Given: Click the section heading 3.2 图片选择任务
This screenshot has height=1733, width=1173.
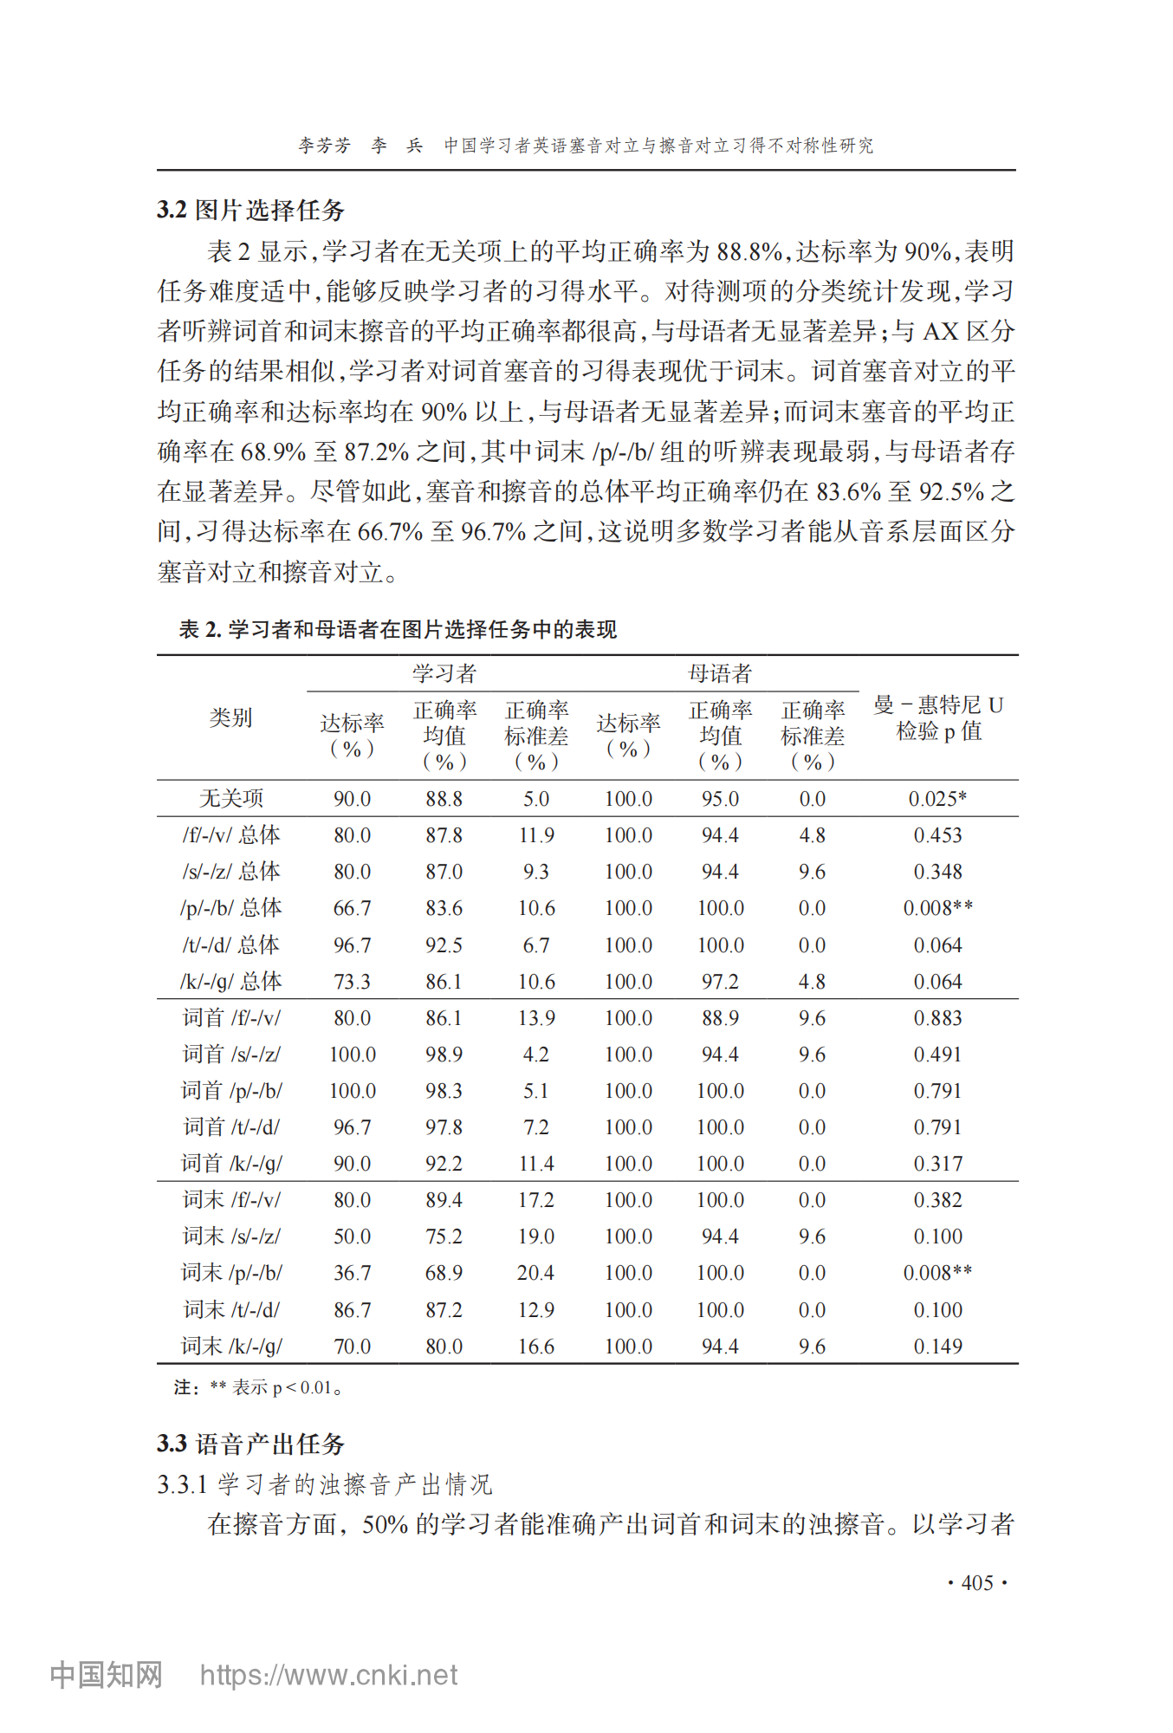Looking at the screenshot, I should tap(251, 210).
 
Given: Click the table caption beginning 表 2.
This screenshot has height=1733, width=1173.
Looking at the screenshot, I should tap(398, 629).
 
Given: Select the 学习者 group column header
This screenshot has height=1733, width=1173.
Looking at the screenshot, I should tap(444, 673).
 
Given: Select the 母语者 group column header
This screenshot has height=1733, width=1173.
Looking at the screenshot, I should tap(720, 673).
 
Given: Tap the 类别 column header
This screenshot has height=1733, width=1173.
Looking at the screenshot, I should tap(230, 717).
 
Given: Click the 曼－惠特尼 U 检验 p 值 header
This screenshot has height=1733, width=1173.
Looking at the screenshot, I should tap(938, 718).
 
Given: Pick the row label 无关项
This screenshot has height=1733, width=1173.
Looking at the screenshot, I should tap(230, 798).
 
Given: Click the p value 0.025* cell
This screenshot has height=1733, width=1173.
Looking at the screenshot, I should tap(937, 798).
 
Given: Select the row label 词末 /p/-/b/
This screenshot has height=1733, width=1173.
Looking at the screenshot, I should tap(230, 1272).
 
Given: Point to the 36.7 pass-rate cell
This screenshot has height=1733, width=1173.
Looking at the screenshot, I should tap(352, 1273).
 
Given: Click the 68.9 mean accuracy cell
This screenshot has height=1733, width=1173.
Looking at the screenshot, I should tap(444, 1273).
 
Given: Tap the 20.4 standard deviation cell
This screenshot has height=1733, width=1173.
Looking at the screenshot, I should tap(535, 1273).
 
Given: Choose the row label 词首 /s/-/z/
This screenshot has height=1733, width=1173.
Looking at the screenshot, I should tap(230, 1054).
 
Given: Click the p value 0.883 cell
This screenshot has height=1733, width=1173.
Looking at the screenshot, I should tap(937, 1018).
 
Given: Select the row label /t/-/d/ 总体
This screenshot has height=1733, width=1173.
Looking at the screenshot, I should tap(230, 944).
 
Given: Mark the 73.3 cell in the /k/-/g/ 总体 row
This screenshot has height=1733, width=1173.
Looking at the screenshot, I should tap(352, 982).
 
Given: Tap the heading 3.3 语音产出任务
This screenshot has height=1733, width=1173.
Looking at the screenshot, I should tap(251, 1444).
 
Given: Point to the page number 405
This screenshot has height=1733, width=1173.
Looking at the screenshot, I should tap(977, 1583).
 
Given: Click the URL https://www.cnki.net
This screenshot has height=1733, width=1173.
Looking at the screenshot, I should tap(328, 1675).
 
